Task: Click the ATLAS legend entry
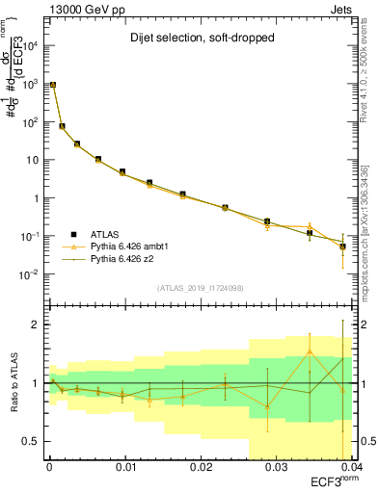pyautogui.click(x=107, y=234)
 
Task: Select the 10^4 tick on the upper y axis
pyautogui.click(x=29, y=46)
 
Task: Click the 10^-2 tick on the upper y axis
pyautogui.click(x=29, y=274)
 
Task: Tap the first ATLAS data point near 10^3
pyautogui.click(x=53, y=85)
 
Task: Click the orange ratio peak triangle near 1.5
pyautogui.click(x=310, y=351)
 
